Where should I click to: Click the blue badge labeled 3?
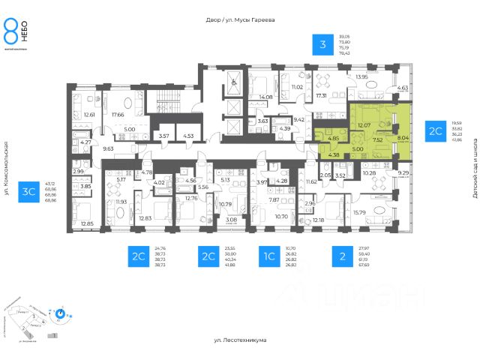pyautogui.click(x=322, y=45)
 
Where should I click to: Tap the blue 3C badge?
pyautogui.click(x=31, y=191)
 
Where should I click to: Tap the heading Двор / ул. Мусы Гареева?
pyautogui.click(x=239, y=20)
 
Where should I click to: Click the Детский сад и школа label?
pyautogui.click(x=475, y=173)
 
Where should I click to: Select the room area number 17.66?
pyautogui.click(x=117, y=115)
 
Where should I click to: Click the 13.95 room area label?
pyautogui.click(x=362, y=76)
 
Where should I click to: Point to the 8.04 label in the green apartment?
pyautogui.click(x=403, y=138)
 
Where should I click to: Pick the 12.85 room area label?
pyautogui.click(x=87, y=224)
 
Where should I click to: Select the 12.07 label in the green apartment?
pyautogui.click(x=364, y=124)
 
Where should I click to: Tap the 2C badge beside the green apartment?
pyautogui.click(x=436, y=130)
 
